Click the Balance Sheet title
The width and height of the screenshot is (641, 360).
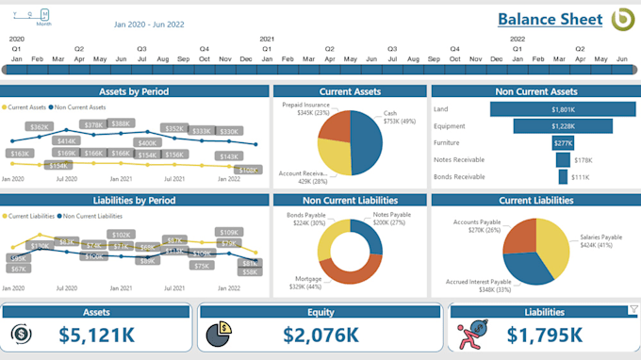(x=550, y=20)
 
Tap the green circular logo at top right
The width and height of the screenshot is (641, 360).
(x=623, y=20)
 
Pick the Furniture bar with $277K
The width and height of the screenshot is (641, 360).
(x=563, y=143)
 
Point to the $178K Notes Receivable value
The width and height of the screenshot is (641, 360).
(x=583, y=160)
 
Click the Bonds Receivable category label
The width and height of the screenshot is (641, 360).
(x=458, y=177)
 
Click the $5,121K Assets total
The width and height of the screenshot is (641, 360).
(x=96, y=334)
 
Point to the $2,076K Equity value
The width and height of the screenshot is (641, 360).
(x=320, y=334)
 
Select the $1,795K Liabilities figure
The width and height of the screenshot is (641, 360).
(x=544, y=334)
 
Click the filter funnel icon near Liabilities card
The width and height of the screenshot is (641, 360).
(x=633, y=309)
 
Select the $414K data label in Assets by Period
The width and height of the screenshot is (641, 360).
(x=67, y=140)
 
